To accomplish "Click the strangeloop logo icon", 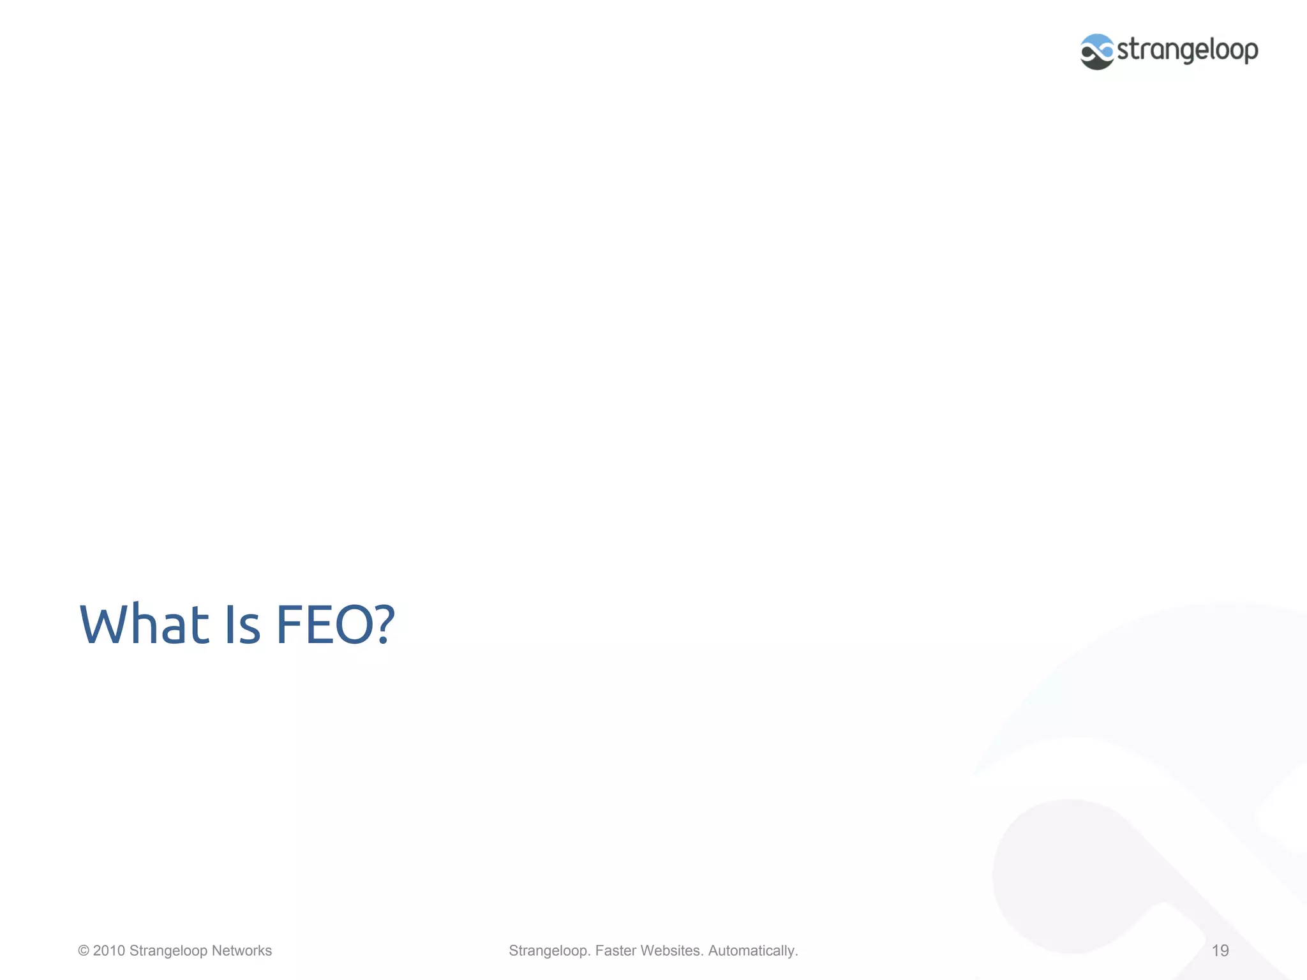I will point(1097,52).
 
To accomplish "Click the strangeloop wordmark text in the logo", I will point(1188,50).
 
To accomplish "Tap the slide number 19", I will point(1220,951).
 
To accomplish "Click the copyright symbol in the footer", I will point(84,951).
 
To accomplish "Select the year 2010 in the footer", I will point(109,951).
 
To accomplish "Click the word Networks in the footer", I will point(241,951).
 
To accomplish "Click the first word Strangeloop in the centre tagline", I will point(549,951).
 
